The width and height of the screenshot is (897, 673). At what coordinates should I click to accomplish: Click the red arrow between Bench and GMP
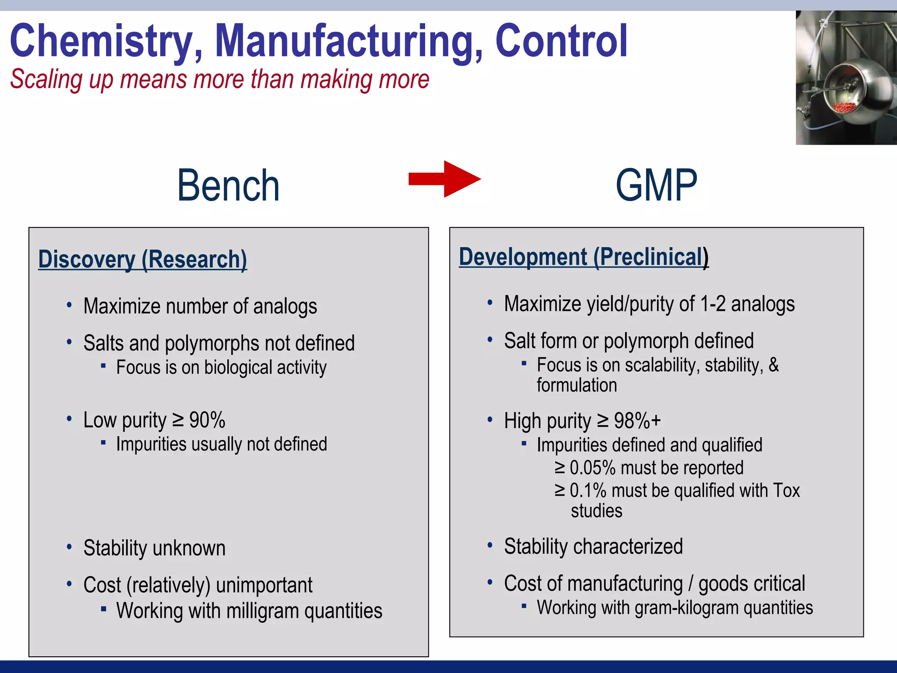tap(445, 179)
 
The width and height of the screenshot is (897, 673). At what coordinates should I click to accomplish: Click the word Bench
tap(228, 186)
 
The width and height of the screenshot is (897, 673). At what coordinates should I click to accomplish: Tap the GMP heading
tap(656, 186)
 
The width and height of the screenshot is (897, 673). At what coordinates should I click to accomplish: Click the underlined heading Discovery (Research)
tap(142, 259)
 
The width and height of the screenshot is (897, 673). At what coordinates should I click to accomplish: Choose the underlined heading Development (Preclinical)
tap(583, 257)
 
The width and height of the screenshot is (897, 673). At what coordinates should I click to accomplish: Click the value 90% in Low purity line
tap(207, 420)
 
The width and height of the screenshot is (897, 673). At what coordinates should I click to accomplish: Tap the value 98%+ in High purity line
tap(637, 421)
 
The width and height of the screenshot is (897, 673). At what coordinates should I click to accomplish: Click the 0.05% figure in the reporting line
tap(593, 468)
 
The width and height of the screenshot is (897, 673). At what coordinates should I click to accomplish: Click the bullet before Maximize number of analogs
tap(69, 305)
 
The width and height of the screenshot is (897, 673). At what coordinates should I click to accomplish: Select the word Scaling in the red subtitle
tap(46, 79)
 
